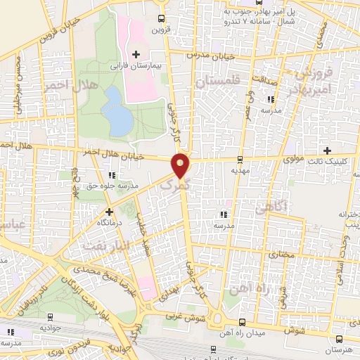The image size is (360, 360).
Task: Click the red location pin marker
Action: (181, 165)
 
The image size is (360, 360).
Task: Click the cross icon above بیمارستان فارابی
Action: (136, 54)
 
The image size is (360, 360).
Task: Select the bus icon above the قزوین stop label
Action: (162, 19)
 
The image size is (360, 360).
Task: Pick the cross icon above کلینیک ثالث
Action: (327, 150)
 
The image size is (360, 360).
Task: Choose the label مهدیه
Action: (240, 171)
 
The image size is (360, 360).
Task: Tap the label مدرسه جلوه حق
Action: (111, 186)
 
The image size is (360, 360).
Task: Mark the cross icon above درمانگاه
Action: (109, 211)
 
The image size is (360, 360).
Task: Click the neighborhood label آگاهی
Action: (270, 209)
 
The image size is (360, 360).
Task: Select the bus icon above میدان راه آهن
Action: (243, 321)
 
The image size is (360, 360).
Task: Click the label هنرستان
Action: (340, 349)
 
